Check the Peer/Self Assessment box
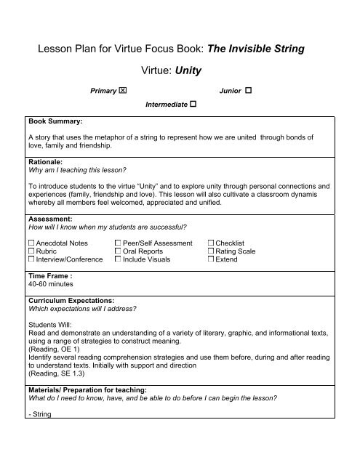[x=118, y=242]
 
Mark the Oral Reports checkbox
[x=118, y=251]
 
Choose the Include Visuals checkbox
[x=118, y=259]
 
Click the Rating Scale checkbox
[x=211, y=251]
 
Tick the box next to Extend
[x=211, y=259]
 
